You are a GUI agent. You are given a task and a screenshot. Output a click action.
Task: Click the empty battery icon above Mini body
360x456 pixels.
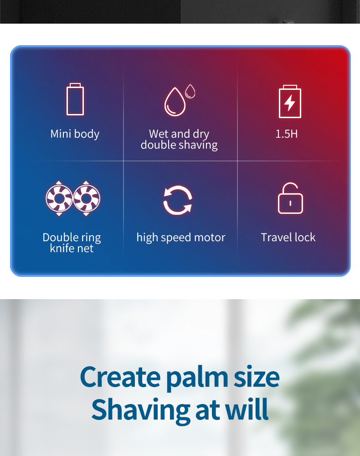pyautogui.click(x=75, y=99)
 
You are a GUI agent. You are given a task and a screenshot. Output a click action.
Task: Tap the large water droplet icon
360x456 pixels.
pyautogui.click(x=175, y=102)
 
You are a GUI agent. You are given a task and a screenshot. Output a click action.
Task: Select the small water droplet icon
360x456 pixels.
pyautogui.click(x=190, y=91)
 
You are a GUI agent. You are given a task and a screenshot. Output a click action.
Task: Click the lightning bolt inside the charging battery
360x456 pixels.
pyautogui.click(x=290, y=103)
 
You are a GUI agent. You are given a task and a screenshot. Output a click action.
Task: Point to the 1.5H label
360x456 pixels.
pyautogui.click(x=287, y=134)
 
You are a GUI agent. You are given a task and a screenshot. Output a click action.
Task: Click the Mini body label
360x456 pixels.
pyautogui.click(x=75, y=134)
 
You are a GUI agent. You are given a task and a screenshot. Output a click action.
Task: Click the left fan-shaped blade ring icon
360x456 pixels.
pyautogui.click(x=59, y=198)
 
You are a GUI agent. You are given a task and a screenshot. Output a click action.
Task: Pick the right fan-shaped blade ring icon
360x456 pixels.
pyautogui.click(x=86, y=198)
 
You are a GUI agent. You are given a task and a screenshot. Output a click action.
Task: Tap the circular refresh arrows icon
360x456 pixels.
pyautogui.click(x=178, y=200)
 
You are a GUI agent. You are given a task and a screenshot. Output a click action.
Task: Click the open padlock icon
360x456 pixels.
pyautogui.click(x=290, y=198)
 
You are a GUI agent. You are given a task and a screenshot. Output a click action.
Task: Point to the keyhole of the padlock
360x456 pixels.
pyautogui.click(x=290, y=203)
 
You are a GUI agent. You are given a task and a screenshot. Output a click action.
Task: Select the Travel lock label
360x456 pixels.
pyautogui.click(x=288, y=237)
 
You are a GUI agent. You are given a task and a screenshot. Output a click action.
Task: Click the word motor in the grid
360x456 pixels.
pyautogui.click(x=210, y=238)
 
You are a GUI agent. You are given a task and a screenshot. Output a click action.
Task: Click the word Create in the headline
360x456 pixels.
pyautogui.click(x=120, y=377)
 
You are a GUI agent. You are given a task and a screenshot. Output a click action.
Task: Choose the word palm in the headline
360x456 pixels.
pyautogui.click(x=198, y=378)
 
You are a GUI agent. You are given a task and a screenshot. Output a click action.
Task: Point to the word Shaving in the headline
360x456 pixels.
pyautogui.click(x=141, y=411)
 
